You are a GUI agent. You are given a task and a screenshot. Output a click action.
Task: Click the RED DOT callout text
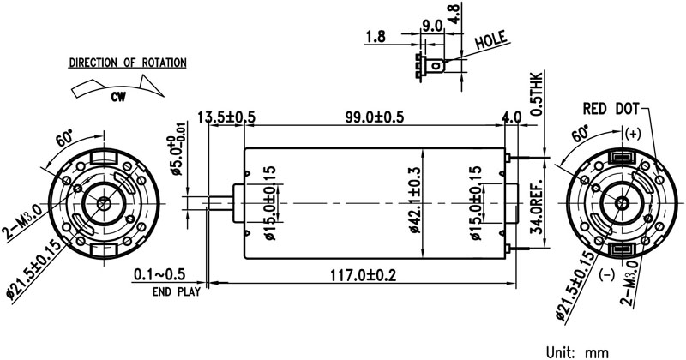point(611,109)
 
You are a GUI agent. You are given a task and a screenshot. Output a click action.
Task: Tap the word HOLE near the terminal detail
point(491,39)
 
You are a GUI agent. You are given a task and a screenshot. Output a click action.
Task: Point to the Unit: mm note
point(579,351)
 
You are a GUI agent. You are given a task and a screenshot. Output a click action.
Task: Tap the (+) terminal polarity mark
point(633,133)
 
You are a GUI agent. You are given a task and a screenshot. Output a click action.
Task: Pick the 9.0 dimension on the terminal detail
point(431,26)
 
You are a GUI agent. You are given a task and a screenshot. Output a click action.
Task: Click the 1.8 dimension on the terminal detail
point(375,37)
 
